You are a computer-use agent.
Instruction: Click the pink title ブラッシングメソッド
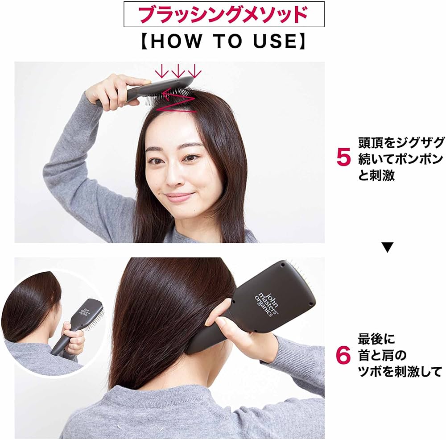(x=224, y=14)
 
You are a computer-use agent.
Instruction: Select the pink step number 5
(x=343, y=158)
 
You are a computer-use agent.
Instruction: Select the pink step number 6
(x=343, y=355)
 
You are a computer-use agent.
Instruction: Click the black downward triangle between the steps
(x=388, y=247)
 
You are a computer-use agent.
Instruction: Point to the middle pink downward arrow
(x=178, y=71)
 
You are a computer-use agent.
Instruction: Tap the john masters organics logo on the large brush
(x=267, y=304)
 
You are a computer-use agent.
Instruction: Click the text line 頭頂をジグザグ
(x=401, y=143)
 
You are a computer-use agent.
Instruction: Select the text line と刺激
(x=376, y=175)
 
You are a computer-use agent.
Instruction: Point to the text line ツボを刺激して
(x=400, y=371)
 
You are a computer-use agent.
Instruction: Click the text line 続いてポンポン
(x=401, y=159)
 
